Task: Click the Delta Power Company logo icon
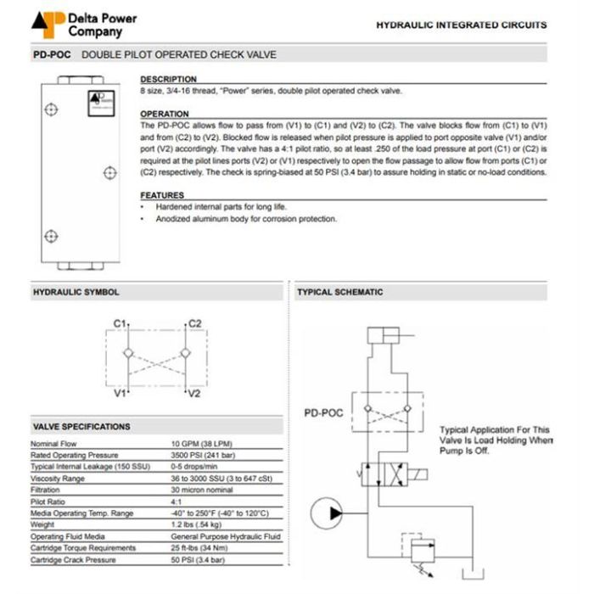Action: pos(48,25)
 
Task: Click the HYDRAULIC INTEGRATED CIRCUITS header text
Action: pos(462,25)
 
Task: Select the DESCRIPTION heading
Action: pos(168,79)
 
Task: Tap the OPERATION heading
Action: pos(165,114)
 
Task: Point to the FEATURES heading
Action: pos(162,195)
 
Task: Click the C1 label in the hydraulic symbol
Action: pos(120,324)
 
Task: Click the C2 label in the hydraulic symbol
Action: pos(194,324)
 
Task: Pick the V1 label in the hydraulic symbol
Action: pos(120,394)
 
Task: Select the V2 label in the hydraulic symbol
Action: pos(194,394)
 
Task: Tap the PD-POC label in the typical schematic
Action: pos(322,414)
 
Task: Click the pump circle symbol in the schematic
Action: pos(326,513)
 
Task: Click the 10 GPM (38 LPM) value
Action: pos(201,444)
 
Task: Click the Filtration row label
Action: pos(48,490)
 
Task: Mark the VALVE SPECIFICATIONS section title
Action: pos(81,427)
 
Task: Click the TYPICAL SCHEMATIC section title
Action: pos(339,292)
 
